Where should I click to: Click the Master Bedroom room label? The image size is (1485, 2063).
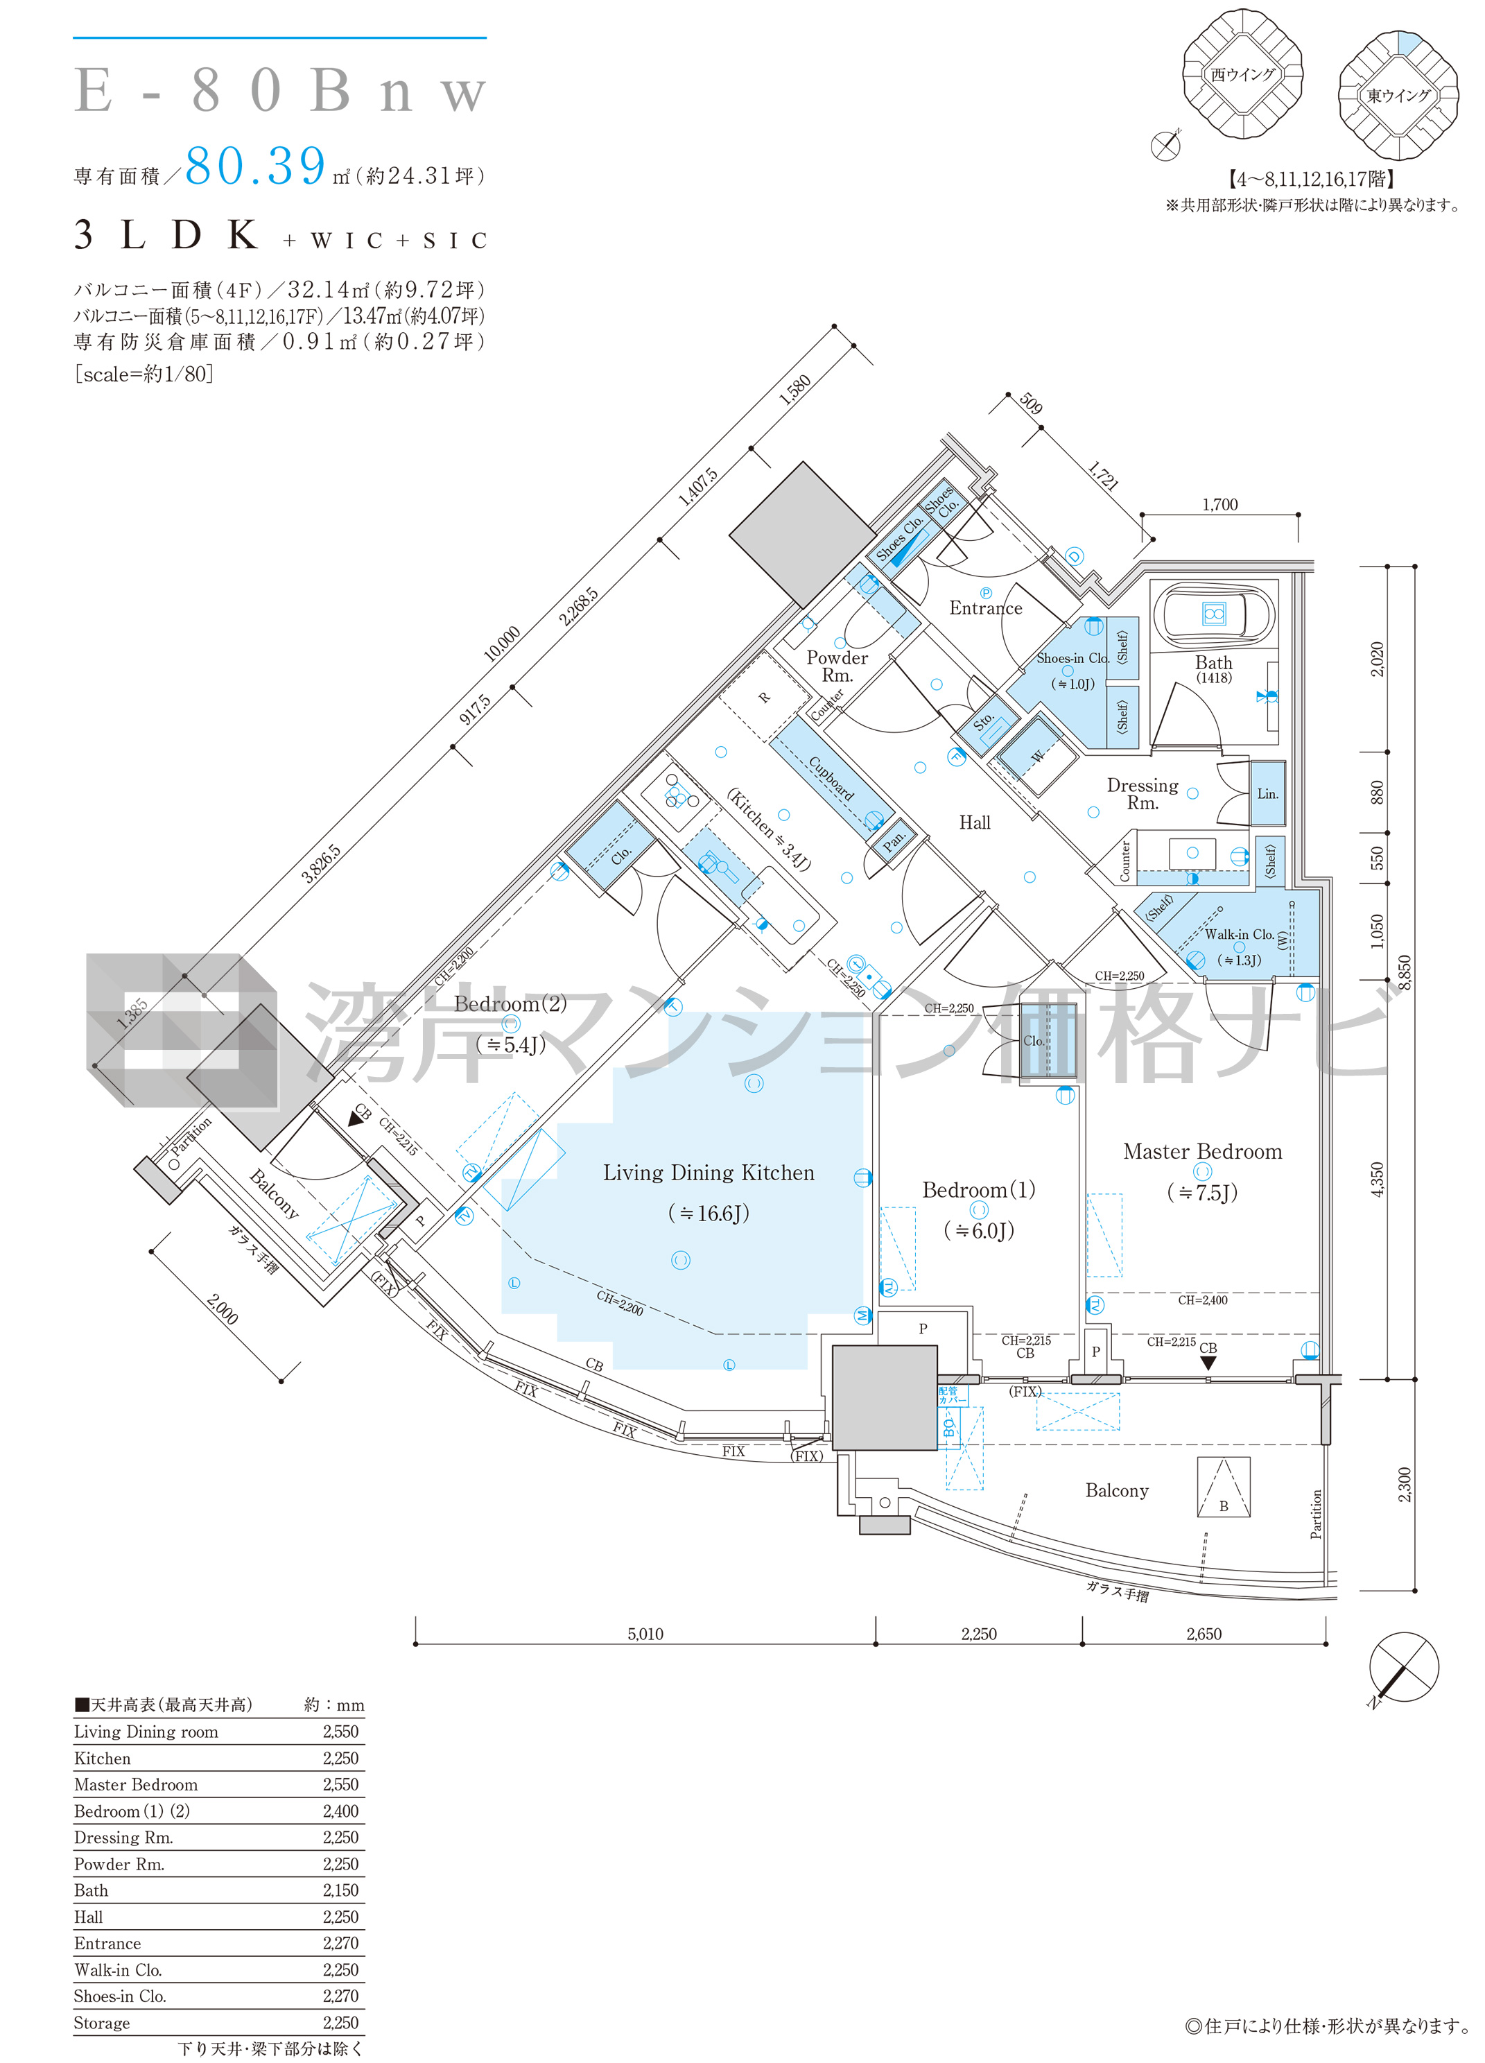[1201, 1152]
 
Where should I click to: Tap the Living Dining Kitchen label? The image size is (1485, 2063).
[709, 1173]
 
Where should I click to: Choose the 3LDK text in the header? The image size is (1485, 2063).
[167, 236]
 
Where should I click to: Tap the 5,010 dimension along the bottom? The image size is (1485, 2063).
[645, 1634]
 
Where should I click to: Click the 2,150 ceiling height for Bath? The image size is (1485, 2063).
[340, 1890]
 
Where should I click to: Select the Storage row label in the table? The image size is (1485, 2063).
[102, 2022]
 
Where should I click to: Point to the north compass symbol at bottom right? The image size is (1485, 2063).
[1403, 1667]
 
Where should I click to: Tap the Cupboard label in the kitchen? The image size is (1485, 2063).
[831, 779]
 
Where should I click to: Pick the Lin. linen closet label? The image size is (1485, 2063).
[1267, 793]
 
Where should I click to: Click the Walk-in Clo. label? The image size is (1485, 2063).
[1239, 934]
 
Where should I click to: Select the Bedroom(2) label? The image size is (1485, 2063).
[510, 1003]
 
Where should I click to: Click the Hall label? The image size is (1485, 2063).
[974, 822]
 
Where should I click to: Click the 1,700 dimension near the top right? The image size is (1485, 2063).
[1219, 504]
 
